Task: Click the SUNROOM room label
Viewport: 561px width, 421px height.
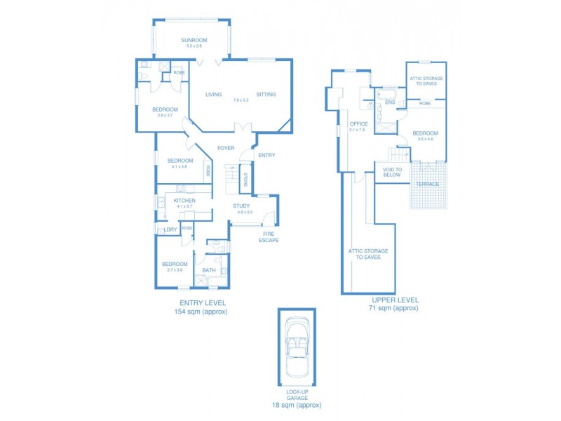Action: (x=194, y=40)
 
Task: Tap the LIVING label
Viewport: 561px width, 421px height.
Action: (x=213, y=94)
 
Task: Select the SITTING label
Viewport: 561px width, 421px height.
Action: (x=266, y=94)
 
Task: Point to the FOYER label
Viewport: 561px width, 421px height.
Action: (x=225, y=148)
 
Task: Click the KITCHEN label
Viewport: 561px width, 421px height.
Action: (x=185, y=201)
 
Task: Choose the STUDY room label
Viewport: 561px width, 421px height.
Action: (x=241, y=206)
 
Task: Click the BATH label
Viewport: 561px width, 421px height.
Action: (x=209, y=270)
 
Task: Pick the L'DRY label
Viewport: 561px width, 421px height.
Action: (x=170, y=229)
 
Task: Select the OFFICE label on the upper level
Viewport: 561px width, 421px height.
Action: (x=358, y=124)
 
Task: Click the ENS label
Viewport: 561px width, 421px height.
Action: (x=390, y=102)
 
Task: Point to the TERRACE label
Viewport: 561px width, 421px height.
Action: (x=427, y=184)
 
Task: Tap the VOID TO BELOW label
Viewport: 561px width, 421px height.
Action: (x=392, y=172)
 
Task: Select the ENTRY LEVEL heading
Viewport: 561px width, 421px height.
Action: (x=201, y=302)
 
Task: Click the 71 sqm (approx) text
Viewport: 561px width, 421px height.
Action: (x=393, y=308)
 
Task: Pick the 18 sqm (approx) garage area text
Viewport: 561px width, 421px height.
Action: (x=297, y=406)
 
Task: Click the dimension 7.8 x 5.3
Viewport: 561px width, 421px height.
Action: (x=241, y=100)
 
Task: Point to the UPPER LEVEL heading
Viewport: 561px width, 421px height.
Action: (x=393, y=300)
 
